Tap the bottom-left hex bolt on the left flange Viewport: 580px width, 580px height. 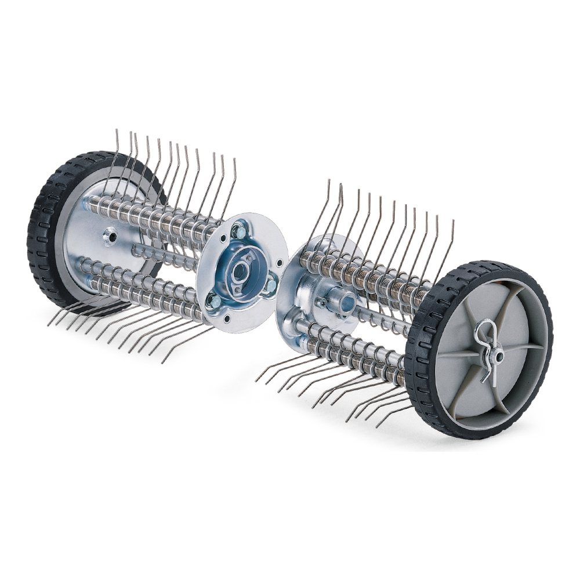coord(215,300)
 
